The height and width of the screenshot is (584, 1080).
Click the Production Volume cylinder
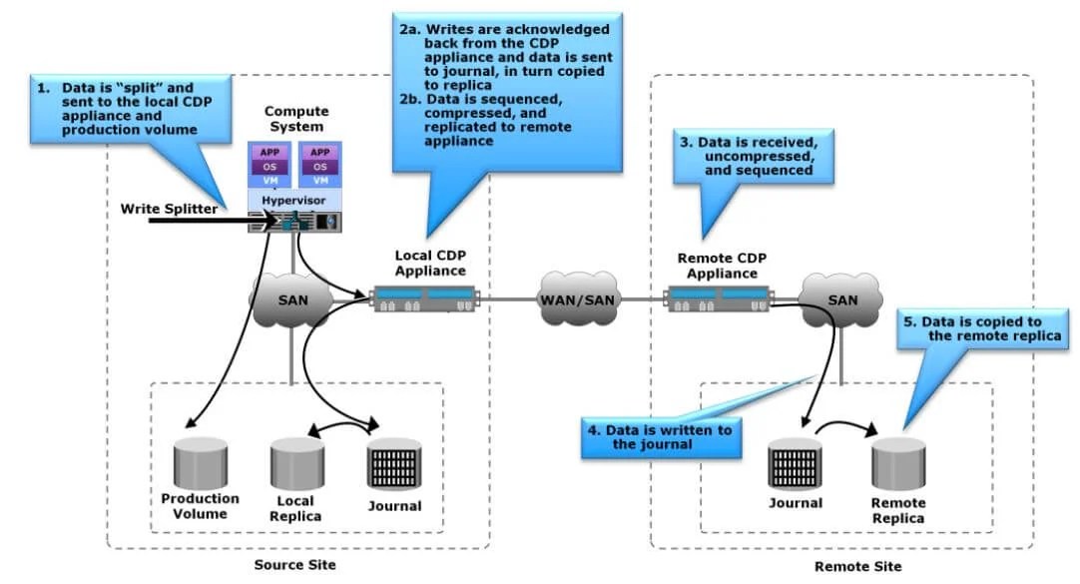pyautogui.click(x=200, y=461)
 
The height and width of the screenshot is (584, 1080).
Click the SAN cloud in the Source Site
pyautogui.click(x=291, y=298)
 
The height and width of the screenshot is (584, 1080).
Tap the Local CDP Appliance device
pyautogui.click(x=426, y=297)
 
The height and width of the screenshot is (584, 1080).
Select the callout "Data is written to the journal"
pyautogui.click(x=660, y=436)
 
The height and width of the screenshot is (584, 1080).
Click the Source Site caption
pyautogui.click(x=295, y=565)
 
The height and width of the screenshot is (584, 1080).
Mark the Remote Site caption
pyautogui.click(x=857, y=566)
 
